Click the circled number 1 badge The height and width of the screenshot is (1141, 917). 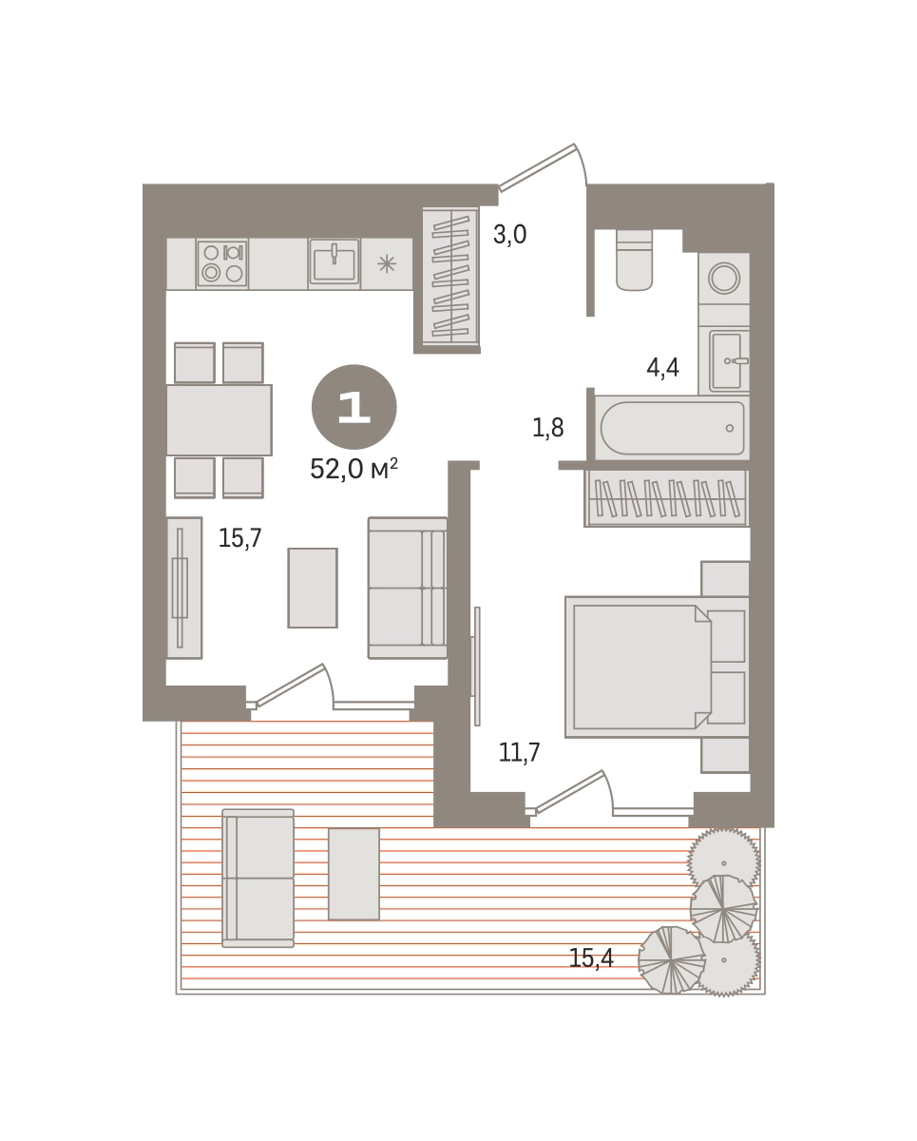pyautogui.click(x=354, y=407)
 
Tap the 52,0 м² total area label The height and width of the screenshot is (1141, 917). pyautogui.click(x=353, y=469)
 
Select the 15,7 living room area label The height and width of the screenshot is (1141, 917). pyautogui.click(x=240, y=538)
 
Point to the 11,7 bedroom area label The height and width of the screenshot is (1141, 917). pyautogui.click(x=519, y=752)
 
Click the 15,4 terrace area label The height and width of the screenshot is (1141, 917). pyautogui.click(x=591, y=958)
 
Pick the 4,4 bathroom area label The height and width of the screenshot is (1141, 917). pyautogui.click(x=662, y=367)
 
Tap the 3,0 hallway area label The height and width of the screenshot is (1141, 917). pyautogui.click(x=510, y=234)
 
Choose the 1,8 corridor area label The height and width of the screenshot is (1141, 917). pyautogui.click(x=548, y=428)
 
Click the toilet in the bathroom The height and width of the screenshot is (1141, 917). pyautogui.click(x=634, y=260)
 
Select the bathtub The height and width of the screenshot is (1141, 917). pyautogui.click(x=672, y=428)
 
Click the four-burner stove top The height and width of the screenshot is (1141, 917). pyautogui.click(x=222, y=263)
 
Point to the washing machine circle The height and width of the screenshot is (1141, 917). pyautogui.click(x=724, y=278)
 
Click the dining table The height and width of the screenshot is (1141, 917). pyautogui.click(x=219, y=420)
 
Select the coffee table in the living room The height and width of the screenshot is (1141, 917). pyautogui.click(x=313, y=588)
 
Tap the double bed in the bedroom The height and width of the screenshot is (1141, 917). pyautogui.click(x=658, y=667)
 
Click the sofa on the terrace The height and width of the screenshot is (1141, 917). pyautogui.click(x=258, y=878)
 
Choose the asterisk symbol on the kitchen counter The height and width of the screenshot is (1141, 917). pyautogui.click(x=387, y=263)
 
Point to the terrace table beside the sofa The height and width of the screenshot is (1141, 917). pyautogui.click(x=354, y=874)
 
